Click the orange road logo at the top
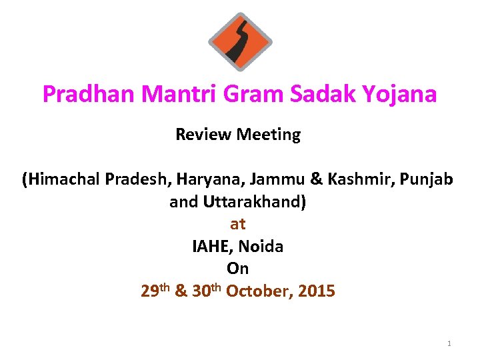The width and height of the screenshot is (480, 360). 240,41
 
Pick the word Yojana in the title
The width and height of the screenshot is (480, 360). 401,94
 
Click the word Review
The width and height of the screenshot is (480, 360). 196,135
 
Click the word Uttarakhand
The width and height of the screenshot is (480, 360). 257,202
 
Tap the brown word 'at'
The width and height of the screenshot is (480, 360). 238,225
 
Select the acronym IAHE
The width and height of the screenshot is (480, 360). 211,247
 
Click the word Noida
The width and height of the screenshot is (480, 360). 261,247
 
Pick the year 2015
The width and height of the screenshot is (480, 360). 317,291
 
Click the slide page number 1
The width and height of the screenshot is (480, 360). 449,343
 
